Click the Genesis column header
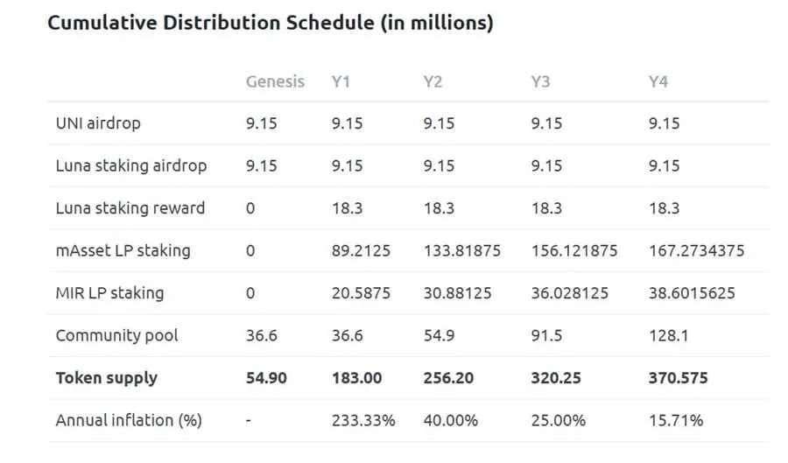(x=275, y=81)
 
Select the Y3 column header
(x=540, y=81)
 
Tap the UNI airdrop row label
(x=98, y=123)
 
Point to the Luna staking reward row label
(x=130, y=208)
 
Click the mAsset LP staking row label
(x=123, y=250)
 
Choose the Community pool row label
(x=116, y=335)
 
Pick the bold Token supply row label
(x=107, y=378)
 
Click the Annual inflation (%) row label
(x=129, y=420)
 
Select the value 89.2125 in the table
(x=361, y=250)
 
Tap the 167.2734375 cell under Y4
(x=696, y=250)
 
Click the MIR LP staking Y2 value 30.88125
(x=456, y=293)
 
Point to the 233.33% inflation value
(x=362, y=420)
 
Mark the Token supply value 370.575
(x=678, y=378)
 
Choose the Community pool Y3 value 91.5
(x=547, y=335)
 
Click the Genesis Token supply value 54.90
(x=266, y=378)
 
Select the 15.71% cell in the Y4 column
(x=675, y=420)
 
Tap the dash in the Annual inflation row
(x=250, y=420)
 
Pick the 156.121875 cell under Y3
(x=573, y=250)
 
